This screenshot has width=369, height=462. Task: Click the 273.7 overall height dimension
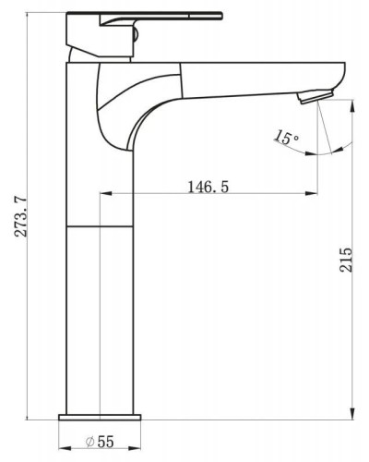pyautogui.click(x=21, y=217)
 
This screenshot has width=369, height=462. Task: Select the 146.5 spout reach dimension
pyautogui.click(x=208, y=187)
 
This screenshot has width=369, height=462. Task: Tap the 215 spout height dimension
pyautogui.click(x=346, y=259)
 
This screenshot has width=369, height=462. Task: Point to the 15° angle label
pyautogui.click(x=286, y=138)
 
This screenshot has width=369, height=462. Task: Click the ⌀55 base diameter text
pyautogui.click(x=100, y=442)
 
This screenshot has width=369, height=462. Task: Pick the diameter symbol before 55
pyautogui.click(x=89, y=442)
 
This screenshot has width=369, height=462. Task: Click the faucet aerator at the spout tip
pyautogui.click(x=316, y=95)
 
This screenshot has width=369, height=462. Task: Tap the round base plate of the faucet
pyautogui.click(x=100, y=418)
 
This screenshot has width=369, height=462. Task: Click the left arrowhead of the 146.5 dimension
pyautogui.click(x=106, y=193)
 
